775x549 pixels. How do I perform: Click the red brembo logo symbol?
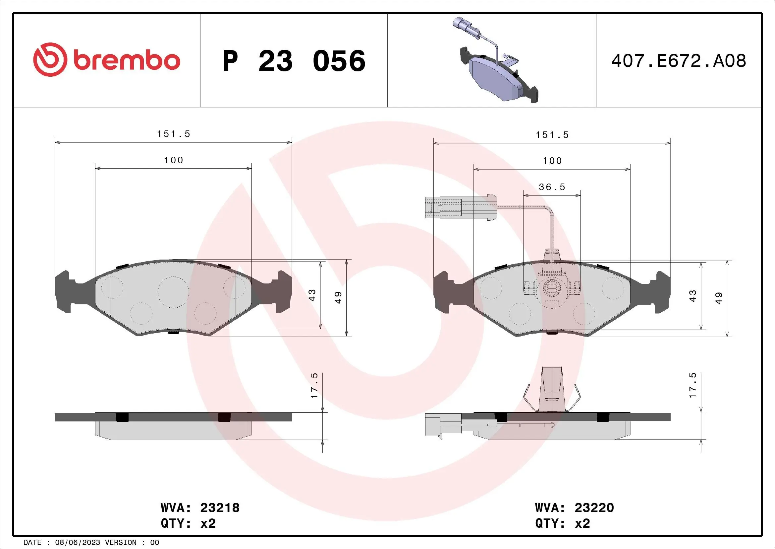click(x=48, y=59)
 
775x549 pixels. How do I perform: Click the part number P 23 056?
click(x=294, y=61)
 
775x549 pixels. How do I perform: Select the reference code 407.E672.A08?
click(x=679, y=61)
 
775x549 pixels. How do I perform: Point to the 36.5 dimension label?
click(x=552, y=187)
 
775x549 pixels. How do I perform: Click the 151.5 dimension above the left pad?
click(x=174, y=134)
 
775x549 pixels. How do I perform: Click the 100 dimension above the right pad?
click(x=552, y=161)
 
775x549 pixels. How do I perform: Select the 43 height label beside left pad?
click(x=312, y=295)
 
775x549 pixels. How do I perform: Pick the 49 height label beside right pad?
click(x=719, y=298)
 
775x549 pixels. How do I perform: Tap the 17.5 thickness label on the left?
click(x=314, y=385)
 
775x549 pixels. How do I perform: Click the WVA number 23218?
click(x=220, y=508)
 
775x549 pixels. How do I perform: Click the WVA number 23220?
click(x=594, y=508)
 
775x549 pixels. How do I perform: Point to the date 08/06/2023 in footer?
click(x=77, y=543)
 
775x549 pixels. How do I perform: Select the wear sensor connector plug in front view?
click(x=444, y=207)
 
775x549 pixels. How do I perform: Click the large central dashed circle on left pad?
click(x=173, y=292)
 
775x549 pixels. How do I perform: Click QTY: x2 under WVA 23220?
click(x=562, y=523)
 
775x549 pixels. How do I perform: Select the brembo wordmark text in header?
click(x=127, y=61)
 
